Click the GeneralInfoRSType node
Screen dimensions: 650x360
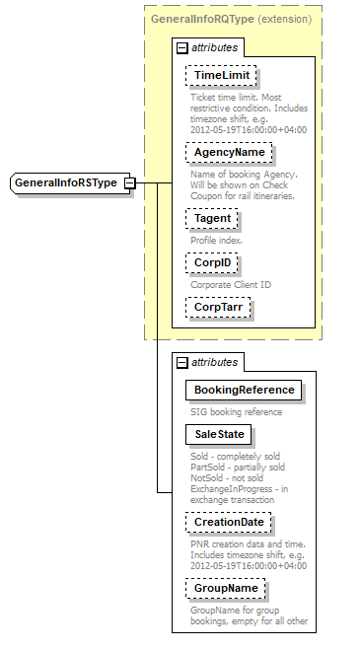(x=65, y=183)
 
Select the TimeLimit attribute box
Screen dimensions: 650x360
(x=221, y=76)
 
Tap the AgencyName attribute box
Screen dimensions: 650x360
(x=229, y=153)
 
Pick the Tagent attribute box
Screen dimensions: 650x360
(x=211, y=219)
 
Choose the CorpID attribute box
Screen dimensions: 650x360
(x=211, y=264)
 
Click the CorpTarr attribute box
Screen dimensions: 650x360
(x=218, y=308)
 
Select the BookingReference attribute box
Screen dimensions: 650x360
(x=244, y=390)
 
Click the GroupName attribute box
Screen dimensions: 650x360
(x=226, y=588)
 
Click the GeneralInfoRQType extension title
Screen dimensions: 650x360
(x=231, y=19)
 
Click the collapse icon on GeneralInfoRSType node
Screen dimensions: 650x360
(x=129, y=183)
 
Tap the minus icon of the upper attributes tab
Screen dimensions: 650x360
(x=181, y=47)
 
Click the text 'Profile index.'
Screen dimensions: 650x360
(x=215, y=241)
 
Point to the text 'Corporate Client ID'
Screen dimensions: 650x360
(x=231, y=285)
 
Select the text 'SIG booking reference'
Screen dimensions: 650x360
(x=237, y=411)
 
